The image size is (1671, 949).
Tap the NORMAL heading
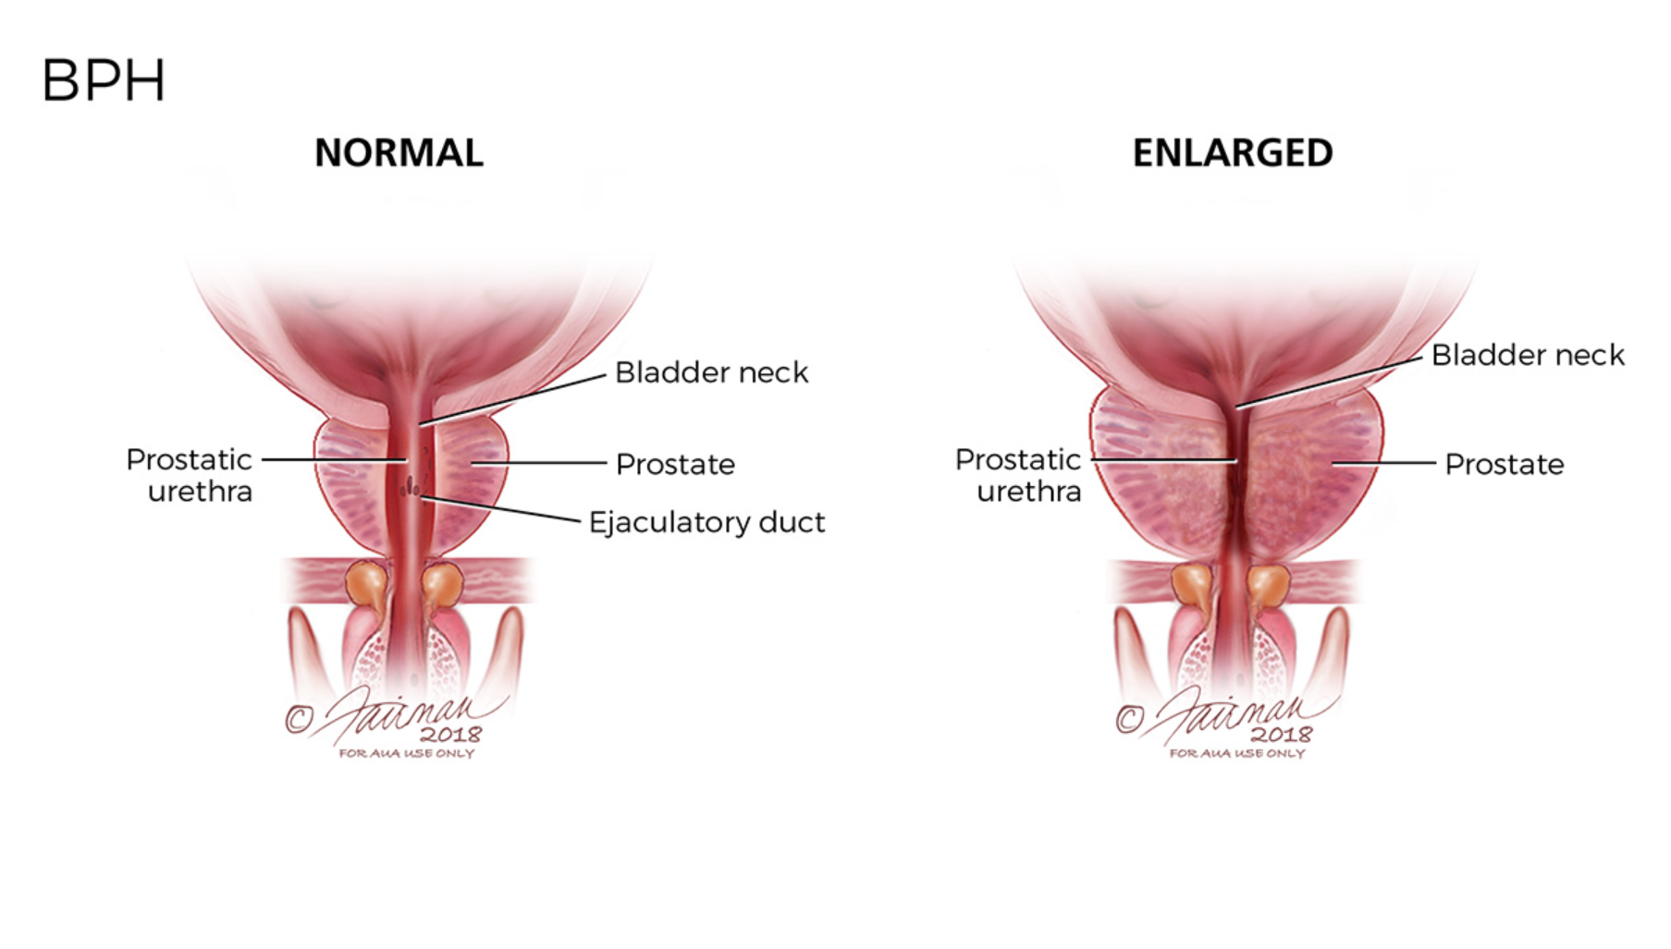(399, 153)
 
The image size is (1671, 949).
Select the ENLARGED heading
(1232, 153)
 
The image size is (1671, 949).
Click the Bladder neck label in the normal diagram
(711, 372)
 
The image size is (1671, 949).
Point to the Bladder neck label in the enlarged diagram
(1528, 355)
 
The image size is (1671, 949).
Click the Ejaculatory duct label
(706, 522)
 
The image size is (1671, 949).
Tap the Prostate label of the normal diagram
(675, 464)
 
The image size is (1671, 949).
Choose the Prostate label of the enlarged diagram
(1505, 464)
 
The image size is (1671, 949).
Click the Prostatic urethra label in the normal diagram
(190, 475)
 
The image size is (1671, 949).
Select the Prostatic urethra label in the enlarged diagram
(1018, 475)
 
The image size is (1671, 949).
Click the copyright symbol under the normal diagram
(298, 719)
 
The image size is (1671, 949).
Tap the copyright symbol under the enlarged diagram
(1128, 719)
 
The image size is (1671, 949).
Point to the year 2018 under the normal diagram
(450, 735)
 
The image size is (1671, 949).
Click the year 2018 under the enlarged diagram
(1281, 735)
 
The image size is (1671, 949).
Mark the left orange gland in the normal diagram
(367, 584)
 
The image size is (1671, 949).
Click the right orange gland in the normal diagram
(442, 584)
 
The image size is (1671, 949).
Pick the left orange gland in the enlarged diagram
(1194, 584)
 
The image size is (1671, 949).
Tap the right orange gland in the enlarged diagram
(1269, 584)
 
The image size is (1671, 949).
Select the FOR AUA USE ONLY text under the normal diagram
(406, 754)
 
